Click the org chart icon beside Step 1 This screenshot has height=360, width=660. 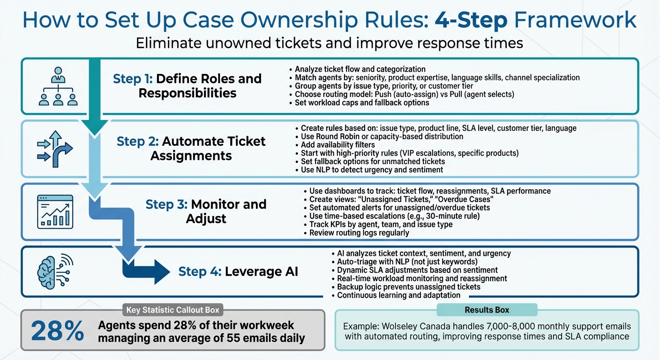(58, 86)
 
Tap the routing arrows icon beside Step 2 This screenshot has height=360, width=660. (55, 149)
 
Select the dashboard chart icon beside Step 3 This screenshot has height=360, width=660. (55, 211)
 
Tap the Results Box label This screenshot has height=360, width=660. (487, 310)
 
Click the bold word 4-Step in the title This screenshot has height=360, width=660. (470, 20)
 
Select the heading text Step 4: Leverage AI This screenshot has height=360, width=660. (238, 271)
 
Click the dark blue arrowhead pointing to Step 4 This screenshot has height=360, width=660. (159, 271)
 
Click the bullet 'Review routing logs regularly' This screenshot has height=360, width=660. (359, 232)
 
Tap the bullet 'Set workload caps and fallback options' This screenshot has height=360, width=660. (362, 103)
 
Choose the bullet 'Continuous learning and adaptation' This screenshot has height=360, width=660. (398, 295)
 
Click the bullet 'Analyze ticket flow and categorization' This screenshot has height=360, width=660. (360, 69)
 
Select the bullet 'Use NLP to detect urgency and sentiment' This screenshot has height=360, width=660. (372, 170)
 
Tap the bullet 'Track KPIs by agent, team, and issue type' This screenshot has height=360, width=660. (381, 224)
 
